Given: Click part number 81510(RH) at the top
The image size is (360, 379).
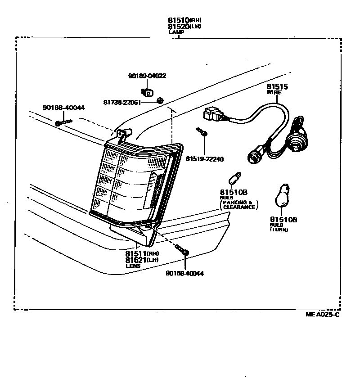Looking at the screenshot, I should [x=184, y=20].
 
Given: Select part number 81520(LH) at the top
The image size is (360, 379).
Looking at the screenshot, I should [x=184, y=27].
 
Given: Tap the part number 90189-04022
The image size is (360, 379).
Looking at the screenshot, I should [x=147, y=76].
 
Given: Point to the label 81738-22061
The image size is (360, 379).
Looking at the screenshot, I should [x=122, y=102].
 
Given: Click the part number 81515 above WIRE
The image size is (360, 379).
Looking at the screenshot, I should [x=277, y=86].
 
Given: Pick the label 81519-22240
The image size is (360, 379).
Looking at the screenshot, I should [x=205, y=159].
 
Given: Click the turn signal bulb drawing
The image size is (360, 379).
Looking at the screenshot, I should [x=282, y=194].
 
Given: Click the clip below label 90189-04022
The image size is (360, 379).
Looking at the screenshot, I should [x=147, y=93].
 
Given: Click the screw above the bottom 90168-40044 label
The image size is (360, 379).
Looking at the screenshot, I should [x=183, y=250].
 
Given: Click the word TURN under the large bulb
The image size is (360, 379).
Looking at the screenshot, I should [x=279, y=230].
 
